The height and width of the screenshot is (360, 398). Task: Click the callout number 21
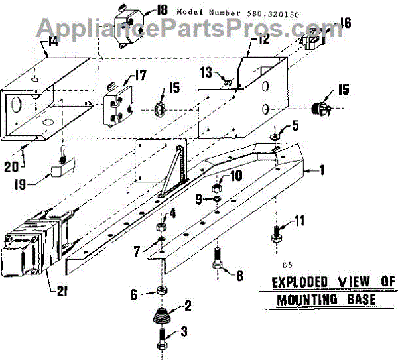(x=53, y=290)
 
